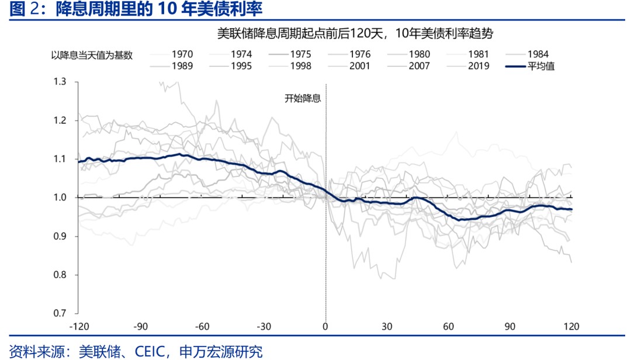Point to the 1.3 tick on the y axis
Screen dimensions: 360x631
(x=60, y=82)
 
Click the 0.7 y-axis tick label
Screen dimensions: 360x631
(x=60, y=313)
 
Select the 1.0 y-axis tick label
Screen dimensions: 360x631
(x=60, y=198)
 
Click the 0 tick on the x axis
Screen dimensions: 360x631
(x=325, y=326)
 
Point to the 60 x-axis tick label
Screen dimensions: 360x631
(x=449, y=326)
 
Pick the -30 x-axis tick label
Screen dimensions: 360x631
(x=264, y=326)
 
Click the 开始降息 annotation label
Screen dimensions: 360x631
(x=303, y=98)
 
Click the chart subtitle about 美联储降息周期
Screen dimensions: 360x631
(x=355, y=33)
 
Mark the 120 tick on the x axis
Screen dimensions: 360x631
(x=571, y=326)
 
